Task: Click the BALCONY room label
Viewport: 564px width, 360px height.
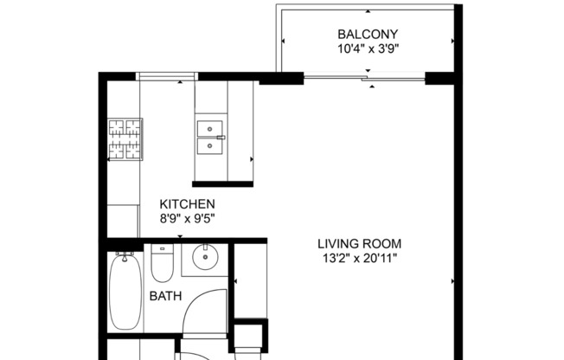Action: [368, 35]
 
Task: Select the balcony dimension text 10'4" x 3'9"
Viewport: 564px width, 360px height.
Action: [368, 49]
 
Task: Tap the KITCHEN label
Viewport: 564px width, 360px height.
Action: [187, 204]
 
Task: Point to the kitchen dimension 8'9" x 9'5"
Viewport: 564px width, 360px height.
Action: [187, 219]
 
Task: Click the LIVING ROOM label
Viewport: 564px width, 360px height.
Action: [359, 243]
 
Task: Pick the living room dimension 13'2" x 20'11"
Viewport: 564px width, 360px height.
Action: [359, 258]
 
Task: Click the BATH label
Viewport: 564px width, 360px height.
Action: [165, 296]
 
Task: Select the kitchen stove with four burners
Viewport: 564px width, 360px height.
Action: [125, 139]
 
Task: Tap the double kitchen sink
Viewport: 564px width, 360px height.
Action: [210, 137]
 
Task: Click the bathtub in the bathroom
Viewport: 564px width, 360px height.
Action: [125, 292]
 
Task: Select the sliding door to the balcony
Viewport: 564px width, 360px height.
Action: [364, 80]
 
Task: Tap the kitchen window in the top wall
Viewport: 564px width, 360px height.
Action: [166, 77]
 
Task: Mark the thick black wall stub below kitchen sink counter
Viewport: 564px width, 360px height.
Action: [222, 183]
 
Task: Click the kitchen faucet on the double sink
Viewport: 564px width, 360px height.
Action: [221, 137]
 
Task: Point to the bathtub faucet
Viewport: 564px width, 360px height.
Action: [125, 258]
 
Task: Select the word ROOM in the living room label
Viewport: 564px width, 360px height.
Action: [385, 243]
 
